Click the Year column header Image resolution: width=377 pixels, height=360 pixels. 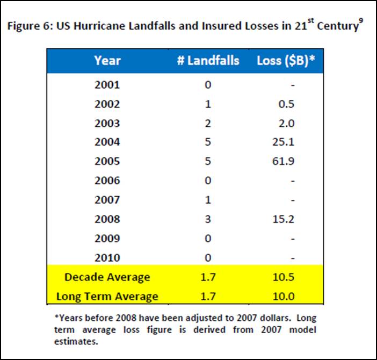[x=107, y=60]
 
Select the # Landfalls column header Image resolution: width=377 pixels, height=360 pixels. [x=208, y=60]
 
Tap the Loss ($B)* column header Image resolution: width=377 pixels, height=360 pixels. [x=285, y=60]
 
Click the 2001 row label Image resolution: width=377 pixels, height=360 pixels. [x=107, y=84]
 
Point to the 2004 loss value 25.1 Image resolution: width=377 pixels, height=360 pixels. [x=285, y=142]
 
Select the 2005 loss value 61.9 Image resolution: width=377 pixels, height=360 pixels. [x=285, y=162]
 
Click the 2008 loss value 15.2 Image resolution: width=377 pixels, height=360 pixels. [x=285, y=219]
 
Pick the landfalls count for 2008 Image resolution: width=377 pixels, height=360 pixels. [x=208, y=219]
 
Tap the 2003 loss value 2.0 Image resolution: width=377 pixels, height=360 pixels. [x=287, y=123]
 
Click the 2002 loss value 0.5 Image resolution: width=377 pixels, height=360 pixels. [x=287, y=104]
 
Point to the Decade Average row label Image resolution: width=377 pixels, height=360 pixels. [x=107, y=277]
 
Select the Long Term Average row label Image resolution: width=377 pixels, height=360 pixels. [x=107, y=296]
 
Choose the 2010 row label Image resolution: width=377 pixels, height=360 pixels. [x=107, y=258]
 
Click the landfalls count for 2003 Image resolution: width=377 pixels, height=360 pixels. [x=208, y=123]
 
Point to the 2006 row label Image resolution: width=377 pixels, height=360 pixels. [x=107, y=181]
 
